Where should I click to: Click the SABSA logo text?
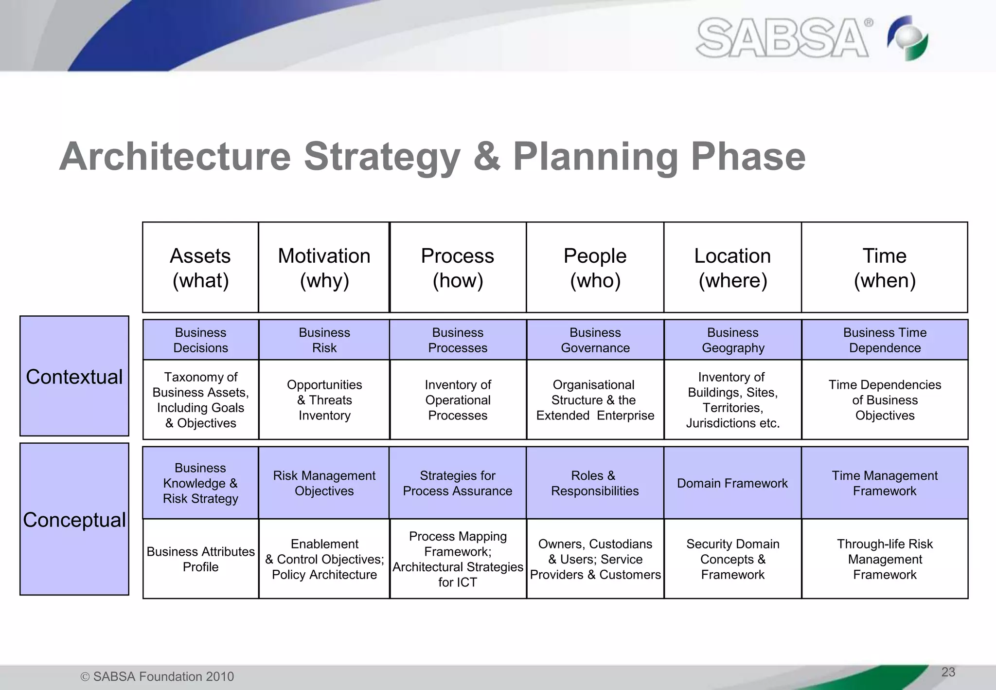tap(783, 38)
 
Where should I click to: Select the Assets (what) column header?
tap(200, 268)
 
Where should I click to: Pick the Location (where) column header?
tap(732, 268)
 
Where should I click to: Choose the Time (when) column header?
tap(884, 268)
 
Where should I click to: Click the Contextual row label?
tap(74, 376)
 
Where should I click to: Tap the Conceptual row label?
tap(74, 519)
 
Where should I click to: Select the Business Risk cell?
tap(324, 340)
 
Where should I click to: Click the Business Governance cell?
tap(595, 340)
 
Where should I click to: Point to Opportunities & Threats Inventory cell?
tap(324, 400)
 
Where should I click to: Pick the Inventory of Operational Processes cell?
tap(458, 400)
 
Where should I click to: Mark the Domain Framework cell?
tap(732, 483)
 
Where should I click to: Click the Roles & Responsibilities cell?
tap(595, 483)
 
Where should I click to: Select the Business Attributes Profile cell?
tap(200, 559)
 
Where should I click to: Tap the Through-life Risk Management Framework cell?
tap(884, 559)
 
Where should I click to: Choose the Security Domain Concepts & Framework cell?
tap(732, 559)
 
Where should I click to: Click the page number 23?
tap(948, 672)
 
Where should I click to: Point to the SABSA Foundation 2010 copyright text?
tap(158, 676)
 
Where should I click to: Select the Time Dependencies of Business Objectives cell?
tap(884, 400)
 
